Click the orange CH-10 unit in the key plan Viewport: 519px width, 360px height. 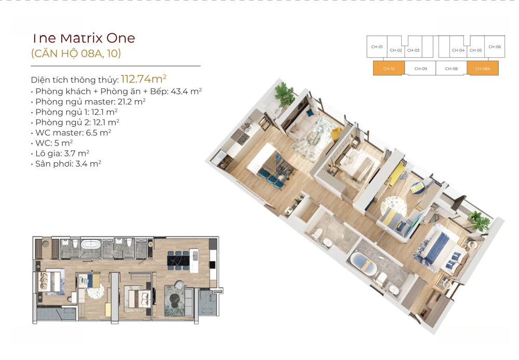point(389,68)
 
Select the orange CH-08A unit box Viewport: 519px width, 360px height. point(483,68)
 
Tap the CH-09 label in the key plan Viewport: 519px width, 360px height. point(421,69)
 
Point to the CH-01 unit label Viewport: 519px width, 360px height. point(377,47)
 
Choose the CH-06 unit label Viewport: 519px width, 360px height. point(495,47)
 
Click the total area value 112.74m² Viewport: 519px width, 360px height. point(144,78)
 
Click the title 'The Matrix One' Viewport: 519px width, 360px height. point(84,38)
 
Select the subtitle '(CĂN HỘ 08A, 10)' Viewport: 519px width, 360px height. point(76,53)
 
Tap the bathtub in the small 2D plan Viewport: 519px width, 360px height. point(91,245)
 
